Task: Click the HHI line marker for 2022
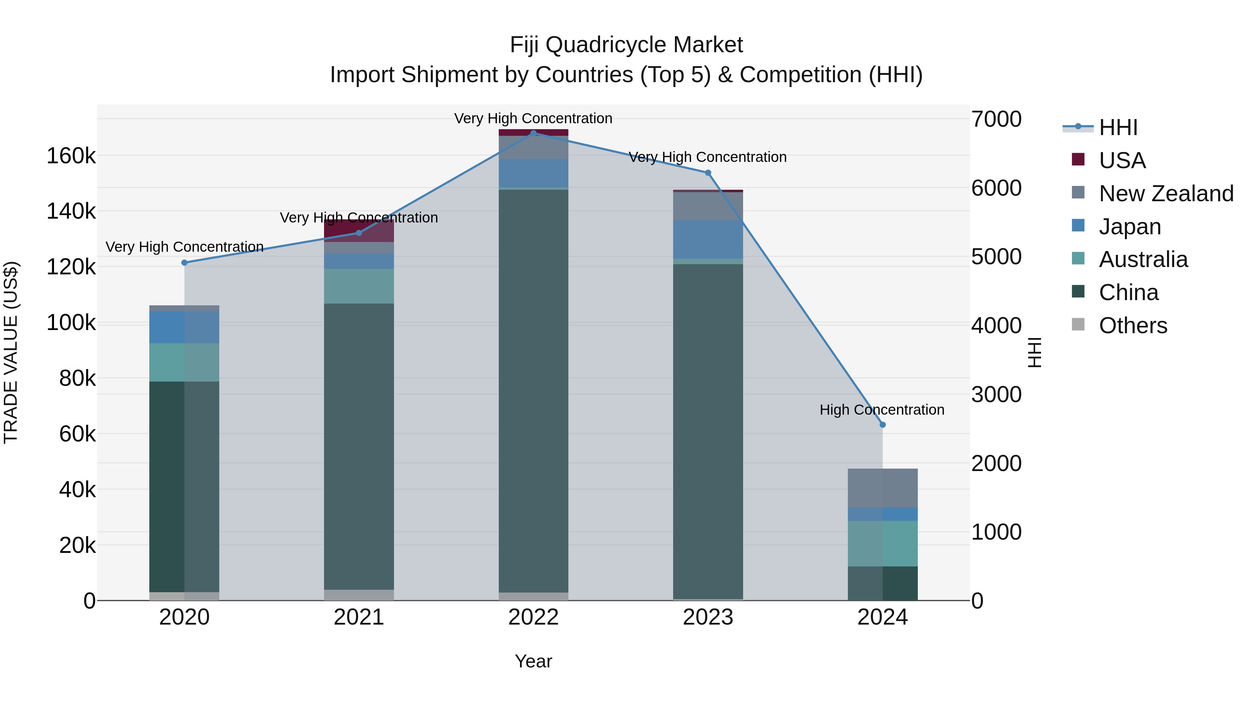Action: tap(533, 133)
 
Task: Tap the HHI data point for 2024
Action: tap(882, 425)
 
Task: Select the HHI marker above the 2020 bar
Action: tap(184, 263)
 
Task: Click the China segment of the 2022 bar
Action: tap(533, 389)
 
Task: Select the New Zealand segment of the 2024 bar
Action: tap(882, 488)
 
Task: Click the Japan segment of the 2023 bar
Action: tap(708, 240)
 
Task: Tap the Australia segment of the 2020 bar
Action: tap(184, 362)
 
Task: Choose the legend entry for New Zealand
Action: tap(1166, 194)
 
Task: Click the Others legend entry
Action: tap(1133, 326)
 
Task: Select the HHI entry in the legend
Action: tap(1118, 127)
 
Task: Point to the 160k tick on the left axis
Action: tap(71, 156)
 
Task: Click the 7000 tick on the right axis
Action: tap(996, 119)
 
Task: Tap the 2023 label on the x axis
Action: tap(708, 617)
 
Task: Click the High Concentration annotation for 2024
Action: tap(882, 410)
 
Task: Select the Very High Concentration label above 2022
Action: tap(533, 118)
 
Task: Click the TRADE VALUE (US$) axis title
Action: tap(11, 352)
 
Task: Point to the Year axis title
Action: tap(533, 661)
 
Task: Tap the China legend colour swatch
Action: tap(1078, 292)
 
